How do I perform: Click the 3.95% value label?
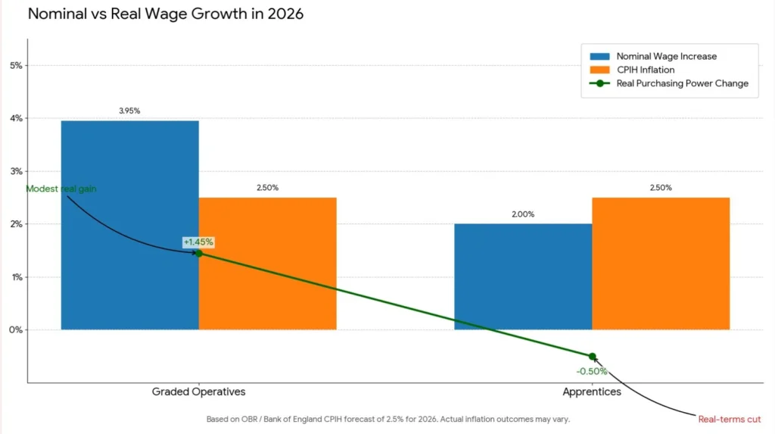[129, 111]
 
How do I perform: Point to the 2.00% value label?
[522, 214]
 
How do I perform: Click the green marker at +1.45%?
[199, 253]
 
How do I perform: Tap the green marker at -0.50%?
[592, 357]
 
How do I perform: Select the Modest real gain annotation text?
[61, 189]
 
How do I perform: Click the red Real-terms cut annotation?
[730, 419]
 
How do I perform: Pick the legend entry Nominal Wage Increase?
[666, 56]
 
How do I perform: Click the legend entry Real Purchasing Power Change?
[682, 83]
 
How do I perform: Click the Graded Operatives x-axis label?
[198, 392]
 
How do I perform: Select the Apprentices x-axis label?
[592, 392]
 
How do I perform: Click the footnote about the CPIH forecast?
[387, 419]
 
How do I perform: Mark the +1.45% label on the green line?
[198, 242]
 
